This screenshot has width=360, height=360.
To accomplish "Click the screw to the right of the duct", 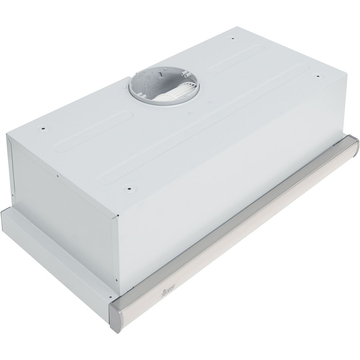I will pyautogui.click(x=210, y=102).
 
